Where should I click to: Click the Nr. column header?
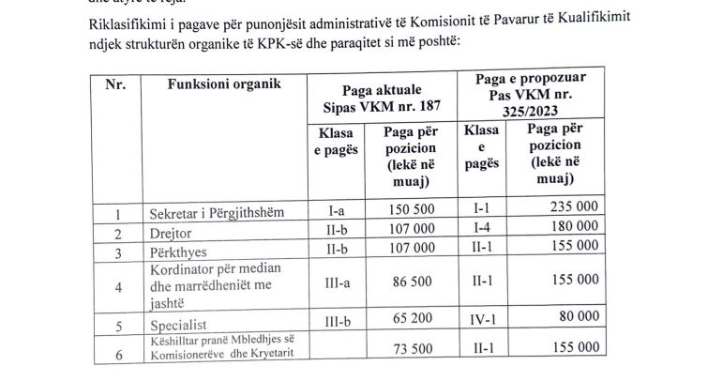[115, 85]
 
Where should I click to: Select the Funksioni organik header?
[224, 85]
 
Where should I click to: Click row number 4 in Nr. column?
[117, 286]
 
